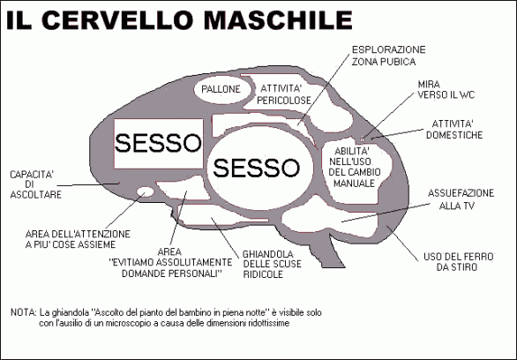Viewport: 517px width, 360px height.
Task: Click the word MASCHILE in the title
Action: click(x=278, y=20)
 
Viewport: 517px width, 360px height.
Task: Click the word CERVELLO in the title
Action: click(x=117, y=20)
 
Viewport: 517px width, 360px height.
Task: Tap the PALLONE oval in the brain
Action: click(x=221, y=89)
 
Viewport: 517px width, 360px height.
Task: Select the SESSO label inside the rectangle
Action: click(x=158, y=143)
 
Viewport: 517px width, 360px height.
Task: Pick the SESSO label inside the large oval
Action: click(x=256, y=168)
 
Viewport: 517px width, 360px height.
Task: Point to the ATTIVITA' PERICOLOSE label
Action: click(x=284, y=94)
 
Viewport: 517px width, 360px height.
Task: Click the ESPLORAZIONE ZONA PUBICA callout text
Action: click(x=388, y=56)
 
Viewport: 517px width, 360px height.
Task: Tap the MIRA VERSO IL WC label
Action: click(x=446, y=90)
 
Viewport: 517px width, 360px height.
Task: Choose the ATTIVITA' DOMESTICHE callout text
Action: click(x=454, y=129)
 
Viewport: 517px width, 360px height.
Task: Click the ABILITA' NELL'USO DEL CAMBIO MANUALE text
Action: click(x=354, y=167)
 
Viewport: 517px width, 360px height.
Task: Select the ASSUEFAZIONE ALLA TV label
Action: click(x=461, y=199)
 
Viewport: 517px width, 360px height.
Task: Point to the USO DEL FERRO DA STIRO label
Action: click(x=458, y=262)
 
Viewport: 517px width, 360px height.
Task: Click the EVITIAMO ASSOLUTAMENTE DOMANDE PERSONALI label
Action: click(x=170, y=263)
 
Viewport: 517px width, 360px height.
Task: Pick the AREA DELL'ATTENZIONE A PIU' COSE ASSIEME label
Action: click(x=78, y=239)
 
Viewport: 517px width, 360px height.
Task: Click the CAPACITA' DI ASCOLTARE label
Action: click(x=35, y=184)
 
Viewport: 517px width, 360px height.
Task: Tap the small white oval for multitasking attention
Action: click(x=146, y=191)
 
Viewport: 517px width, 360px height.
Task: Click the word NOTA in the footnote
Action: click(x=24, y=312)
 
